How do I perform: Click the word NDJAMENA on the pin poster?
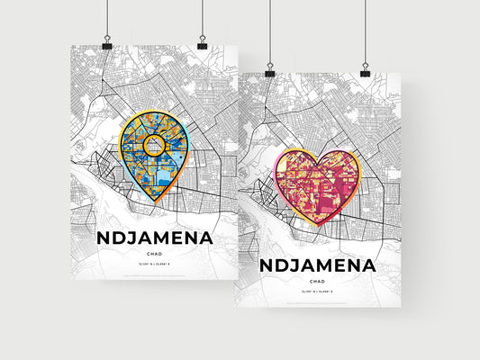(155, 238)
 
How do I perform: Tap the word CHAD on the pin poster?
(155, 255)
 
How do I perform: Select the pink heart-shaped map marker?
(320, 185)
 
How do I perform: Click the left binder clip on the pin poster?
(107, 44)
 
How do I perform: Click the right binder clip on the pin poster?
(202, 44)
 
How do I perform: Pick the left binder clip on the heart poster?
(269, 70)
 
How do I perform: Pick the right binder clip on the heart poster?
(365, 70)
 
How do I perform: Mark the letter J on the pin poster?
(131, 239)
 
